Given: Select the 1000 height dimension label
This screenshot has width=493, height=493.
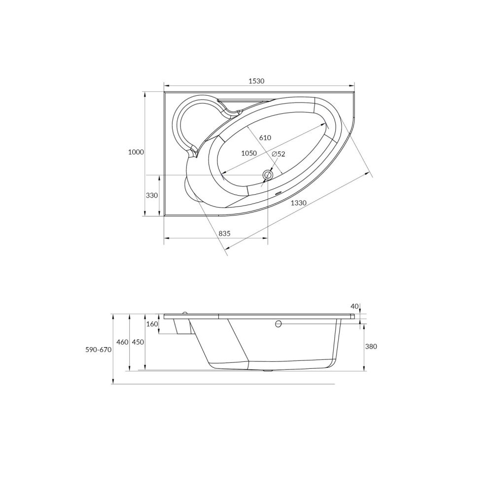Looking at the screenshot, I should [x=136, y=152].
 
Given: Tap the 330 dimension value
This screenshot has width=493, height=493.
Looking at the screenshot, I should [x=152, y=196].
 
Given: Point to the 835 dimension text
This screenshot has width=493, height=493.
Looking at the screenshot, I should [x=224, y=233].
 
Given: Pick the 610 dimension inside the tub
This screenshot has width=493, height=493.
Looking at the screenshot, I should [x=265, y=138].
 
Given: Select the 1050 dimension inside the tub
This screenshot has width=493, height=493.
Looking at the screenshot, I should [x=249, y=153].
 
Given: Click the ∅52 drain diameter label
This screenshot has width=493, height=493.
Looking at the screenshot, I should [x=279, y=154].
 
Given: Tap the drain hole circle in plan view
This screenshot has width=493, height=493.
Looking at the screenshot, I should [x=268, y=175].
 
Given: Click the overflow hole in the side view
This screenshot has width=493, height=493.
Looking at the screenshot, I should [x=278, y=324].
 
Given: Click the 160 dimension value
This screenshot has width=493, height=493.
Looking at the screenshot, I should [x=152, y=324].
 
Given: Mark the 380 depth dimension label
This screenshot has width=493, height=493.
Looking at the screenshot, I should [x=371, y=347].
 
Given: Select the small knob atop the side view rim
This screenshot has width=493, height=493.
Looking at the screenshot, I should [x=184, y=312].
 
